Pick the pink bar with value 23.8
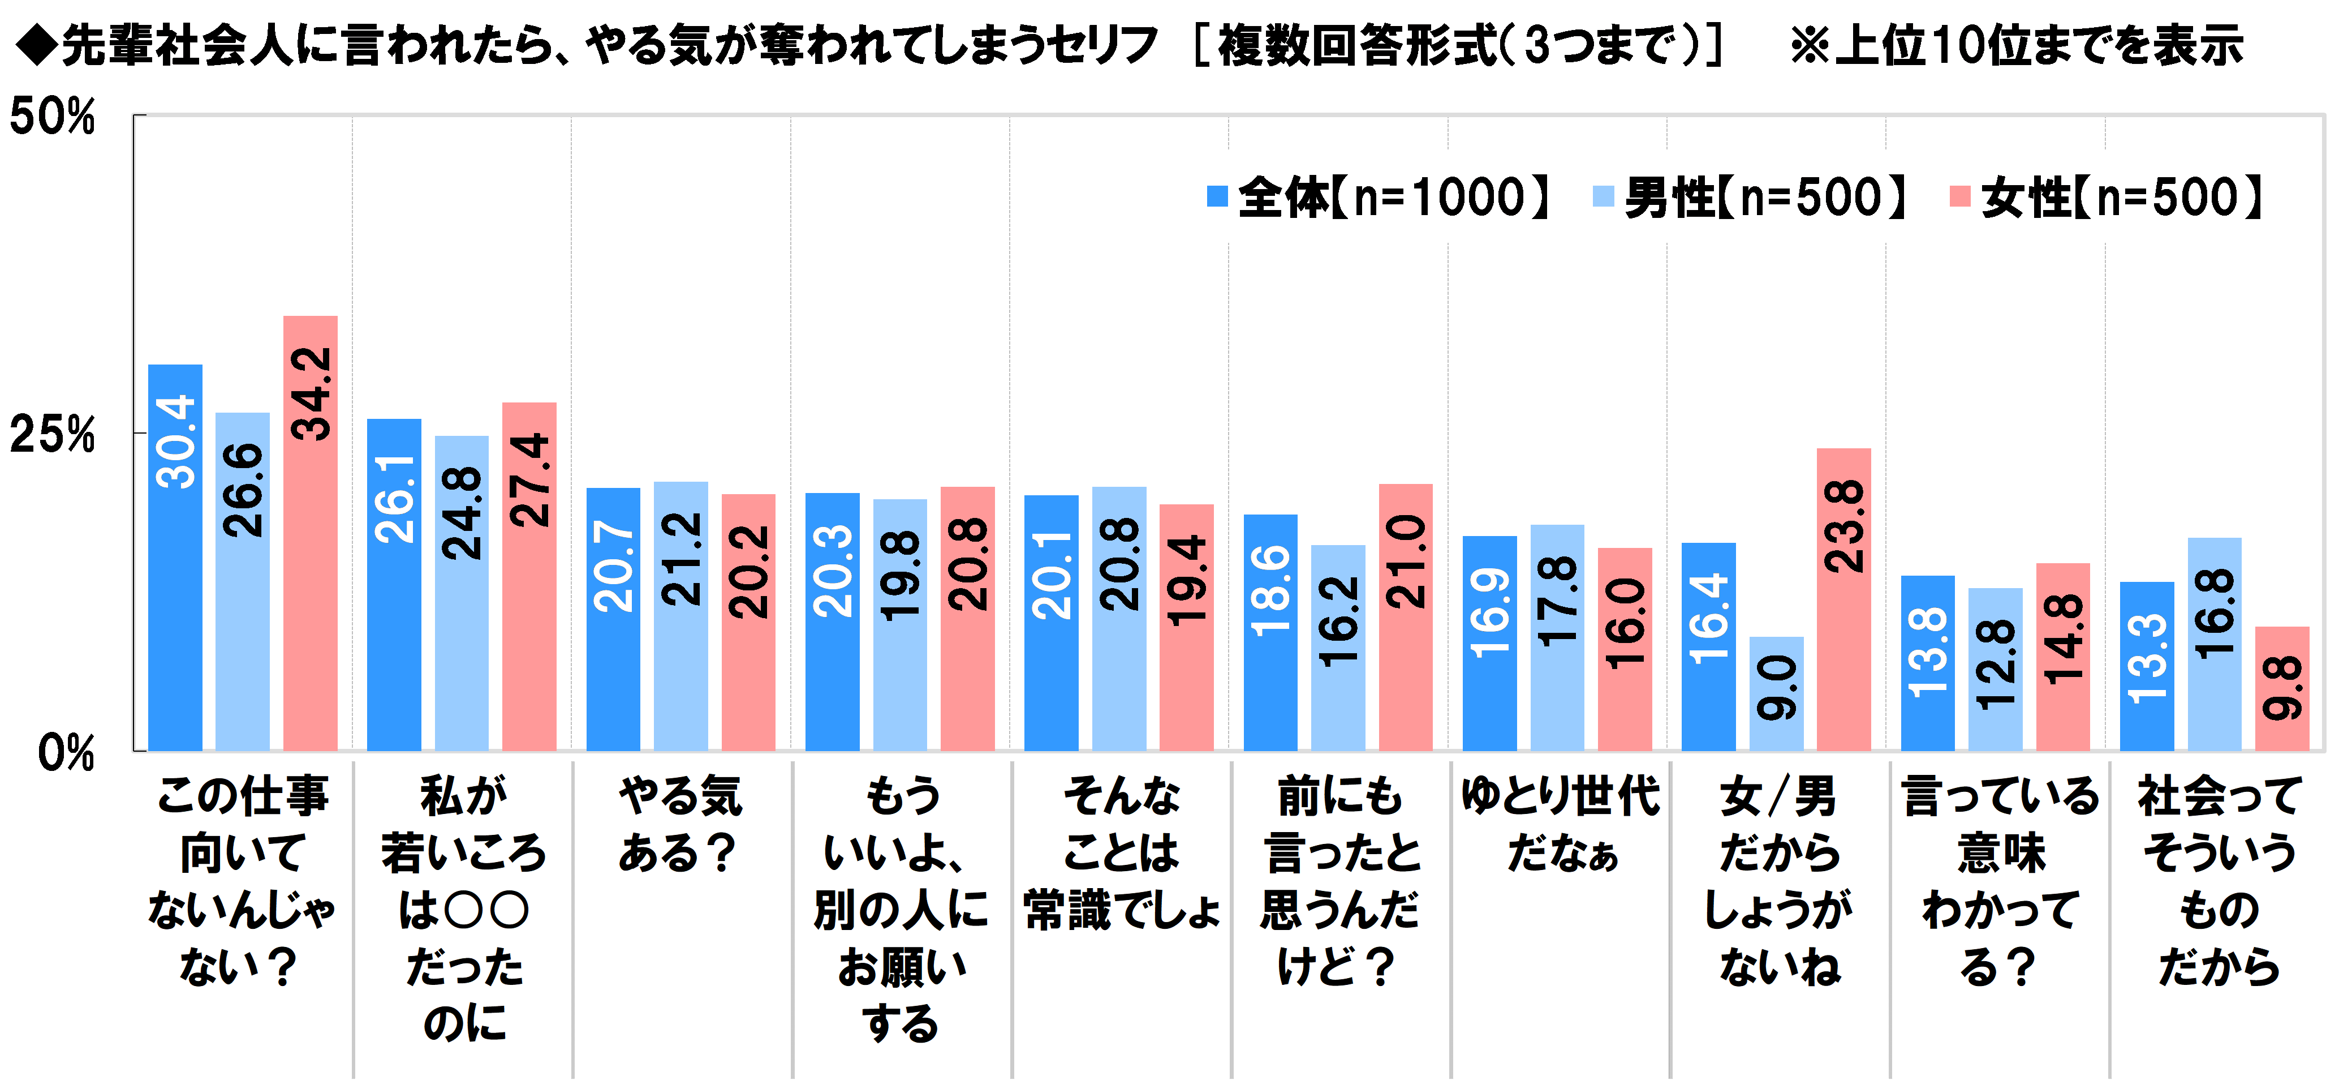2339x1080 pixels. click(x=1843, y=599)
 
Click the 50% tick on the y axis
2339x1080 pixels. click(x=51, y=116)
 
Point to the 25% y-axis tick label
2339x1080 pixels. click(x=51, y=434)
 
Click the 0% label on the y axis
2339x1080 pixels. click(x=66, y=752)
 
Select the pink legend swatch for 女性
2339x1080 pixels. click(x=1959, y=196)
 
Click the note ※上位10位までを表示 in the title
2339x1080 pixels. click(x=2016, y=45)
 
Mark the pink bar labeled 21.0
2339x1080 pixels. click(x=1406, y=618)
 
